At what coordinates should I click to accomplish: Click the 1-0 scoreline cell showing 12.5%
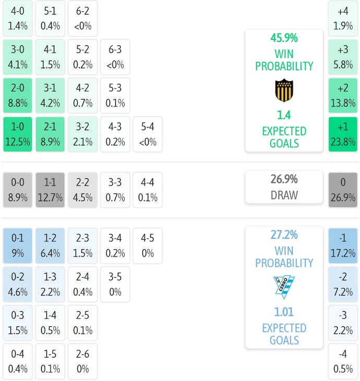click(18, 134)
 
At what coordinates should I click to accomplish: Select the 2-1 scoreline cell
click(50, 134)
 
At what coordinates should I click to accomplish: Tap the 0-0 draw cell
click(18, 190)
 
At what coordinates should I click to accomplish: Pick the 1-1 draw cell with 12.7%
click(50, 190)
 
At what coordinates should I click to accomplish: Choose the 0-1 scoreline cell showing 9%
click(18, 245)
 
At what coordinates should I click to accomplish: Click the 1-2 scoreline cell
click(50, 245)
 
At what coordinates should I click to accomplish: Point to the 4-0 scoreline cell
click(18, 18)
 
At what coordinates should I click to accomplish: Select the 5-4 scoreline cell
click(148, 134)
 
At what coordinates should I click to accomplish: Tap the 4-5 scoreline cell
click(148, 245)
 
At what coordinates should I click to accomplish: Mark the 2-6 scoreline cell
click(82, 361)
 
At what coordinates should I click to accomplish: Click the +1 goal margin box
click(343, 134)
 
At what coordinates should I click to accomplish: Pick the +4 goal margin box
click(343, 18)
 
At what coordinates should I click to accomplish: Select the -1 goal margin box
click(343, 245)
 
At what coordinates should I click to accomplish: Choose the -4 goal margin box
click(343, 361)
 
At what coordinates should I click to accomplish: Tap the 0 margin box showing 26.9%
click(343, 190)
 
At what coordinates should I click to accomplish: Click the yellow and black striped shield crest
click(284, 90)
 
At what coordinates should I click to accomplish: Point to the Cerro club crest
click(284, 287)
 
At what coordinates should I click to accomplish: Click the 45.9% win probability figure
click(284, 38)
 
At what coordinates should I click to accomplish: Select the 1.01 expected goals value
click(284, 312)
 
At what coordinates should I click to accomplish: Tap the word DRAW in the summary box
click(284, 195)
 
